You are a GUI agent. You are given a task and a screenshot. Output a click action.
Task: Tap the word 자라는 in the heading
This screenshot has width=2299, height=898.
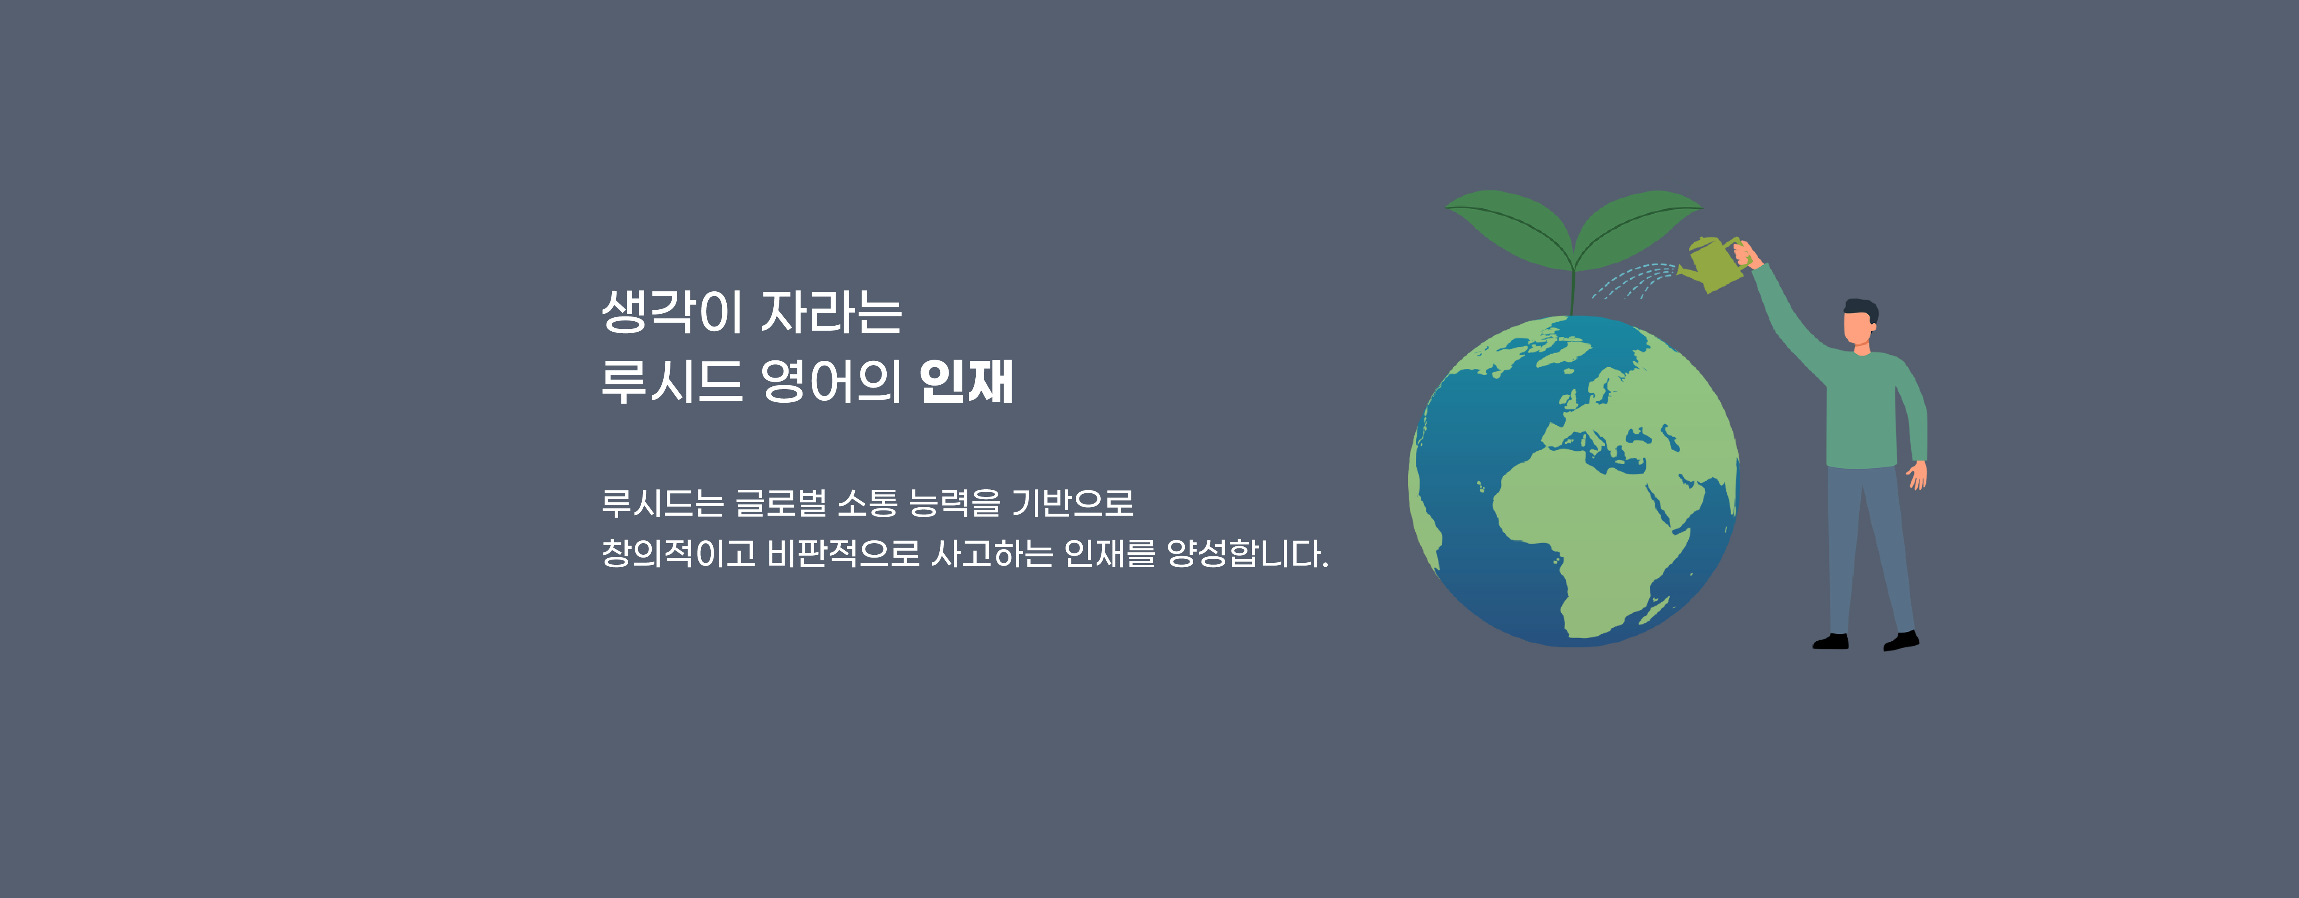[832, 312]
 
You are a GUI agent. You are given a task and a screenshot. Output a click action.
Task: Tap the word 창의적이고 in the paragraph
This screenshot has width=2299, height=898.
[678, 554]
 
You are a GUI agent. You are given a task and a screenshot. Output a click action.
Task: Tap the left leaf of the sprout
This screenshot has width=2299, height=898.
[1508, 227]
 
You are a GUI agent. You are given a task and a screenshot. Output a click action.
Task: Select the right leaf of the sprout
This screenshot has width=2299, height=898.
[1638, 227]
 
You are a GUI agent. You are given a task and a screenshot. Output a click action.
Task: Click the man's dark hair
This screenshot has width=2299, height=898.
[1862, 309]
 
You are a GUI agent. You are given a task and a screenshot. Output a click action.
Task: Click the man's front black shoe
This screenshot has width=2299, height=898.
[1901, 641]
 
